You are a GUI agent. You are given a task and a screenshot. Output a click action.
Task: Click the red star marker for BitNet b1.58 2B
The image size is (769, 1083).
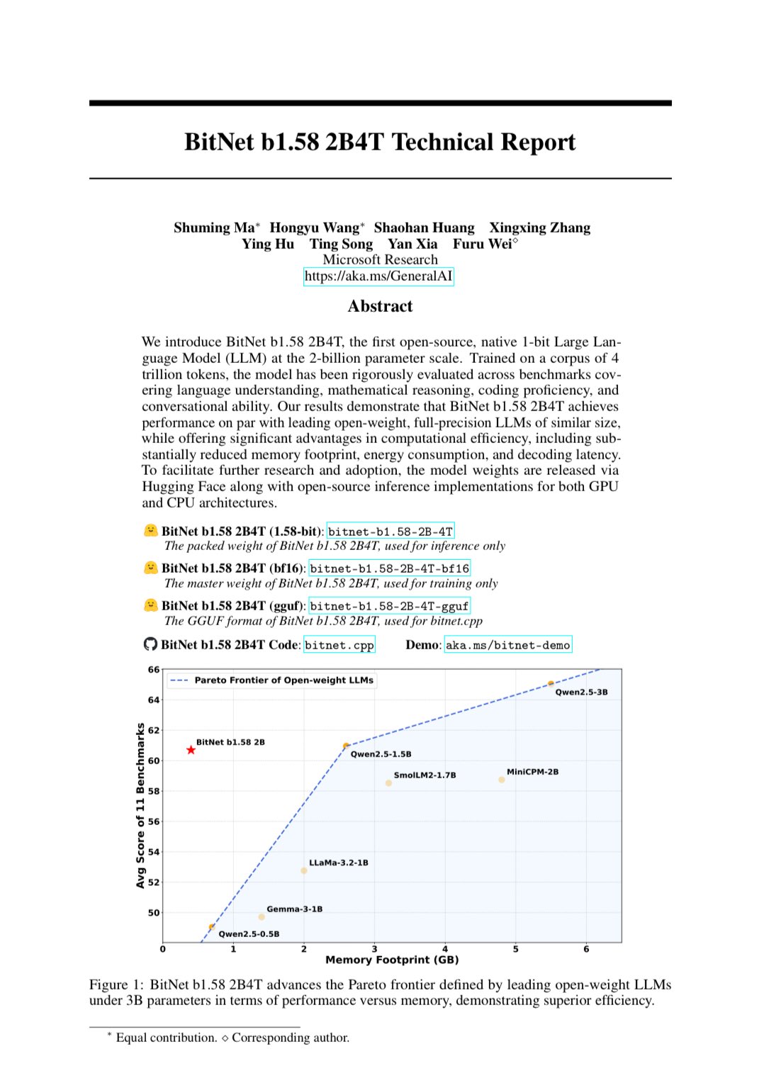(x=191, y=750)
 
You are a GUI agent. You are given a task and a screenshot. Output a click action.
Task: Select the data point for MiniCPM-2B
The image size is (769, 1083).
(x=502, y=780)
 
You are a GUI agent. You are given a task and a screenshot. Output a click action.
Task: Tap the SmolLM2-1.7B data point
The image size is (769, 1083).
(x=388, y=783)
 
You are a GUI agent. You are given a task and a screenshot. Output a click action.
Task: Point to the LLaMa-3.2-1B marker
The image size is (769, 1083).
(x=304, y=870)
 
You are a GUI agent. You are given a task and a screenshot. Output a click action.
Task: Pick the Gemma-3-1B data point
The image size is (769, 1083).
(x=262, y=917)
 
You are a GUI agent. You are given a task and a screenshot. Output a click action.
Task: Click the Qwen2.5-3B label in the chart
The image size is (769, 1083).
(x=581, y=692)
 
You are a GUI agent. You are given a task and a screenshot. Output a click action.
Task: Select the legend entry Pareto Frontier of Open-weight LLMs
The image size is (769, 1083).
(x=284, y=680)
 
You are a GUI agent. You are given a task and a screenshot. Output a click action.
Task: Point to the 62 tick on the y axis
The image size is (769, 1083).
(x=154, y=731)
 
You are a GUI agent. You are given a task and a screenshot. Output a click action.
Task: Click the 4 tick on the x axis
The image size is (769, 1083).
(x=445, y=949)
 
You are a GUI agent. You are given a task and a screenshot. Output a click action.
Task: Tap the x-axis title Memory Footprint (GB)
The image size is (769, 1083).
(x=392, y=960)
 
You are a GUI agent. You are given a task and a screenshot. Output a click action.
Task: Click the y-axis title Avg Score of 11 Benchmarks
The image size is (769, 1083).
(x=140, y=806)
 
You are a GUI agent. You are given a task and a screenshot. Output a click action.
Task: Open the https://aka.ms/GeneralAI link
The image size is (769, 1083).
(x=378, y=276)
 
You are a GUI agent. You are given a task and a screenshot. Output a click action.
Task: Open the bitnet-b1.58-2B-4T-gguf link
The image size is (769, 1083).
(x=389, y=606)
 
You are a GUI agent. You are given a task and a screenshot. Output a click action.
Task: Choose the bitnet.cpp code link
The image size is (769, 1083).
(x=339, y=645)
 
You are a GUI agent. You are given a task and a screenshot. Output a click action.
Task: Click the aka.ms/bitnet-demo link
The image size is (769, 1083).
(x=507, y=645)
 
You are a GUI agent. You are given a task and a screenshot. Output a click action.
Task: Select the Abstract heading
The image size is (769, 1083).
(x=380, y=306)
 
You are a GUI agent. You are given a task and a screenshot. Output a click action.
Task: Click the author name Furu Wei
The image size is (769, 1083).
(x=483, y=244)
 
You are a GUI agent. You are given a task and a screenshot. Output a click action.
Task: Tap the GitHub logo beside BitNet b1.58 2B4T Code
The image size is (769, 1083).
(x=150, y=644)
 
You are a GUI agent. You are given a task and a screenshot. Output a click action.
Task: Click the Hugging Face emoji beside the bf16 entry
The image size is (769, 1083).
(x=150, y=568)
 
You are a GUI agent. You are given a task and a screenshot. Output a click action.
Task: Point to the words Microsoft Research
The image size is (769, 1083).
(x=380, y=260)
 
